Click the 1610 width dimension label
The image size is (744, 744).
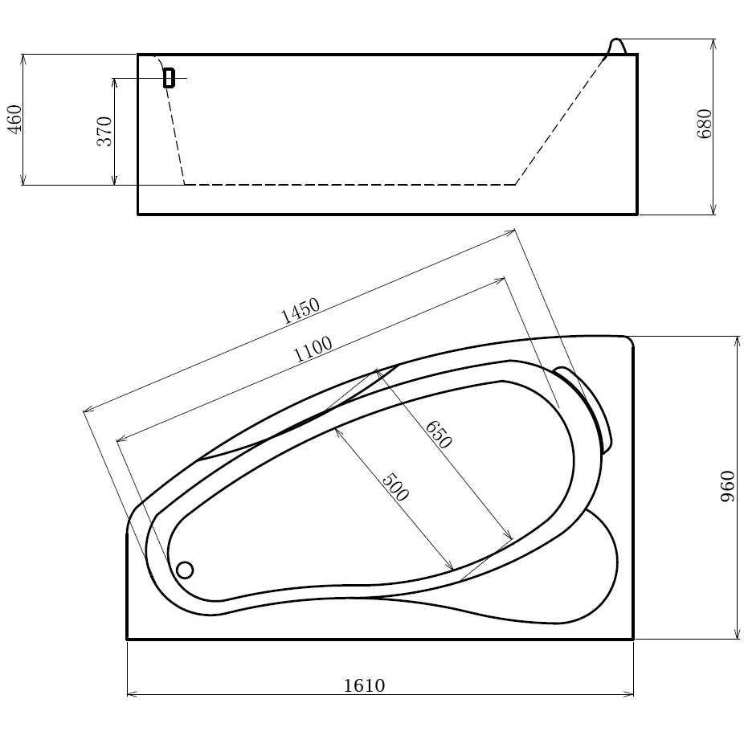(x=364, y=685)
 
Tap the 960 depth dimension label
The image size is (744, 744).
(x=727, y=487)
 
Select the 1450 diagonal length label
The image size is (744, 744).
(x=300, y=311)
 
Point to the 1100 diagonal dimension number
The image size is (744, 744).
(x=313, y=349)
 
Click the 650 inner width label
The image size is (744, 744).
(x=437, y=434)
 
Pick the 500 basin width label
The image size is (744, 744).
(x=394, y=487)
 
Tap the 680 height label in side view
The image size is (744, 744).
(x=705, y=124)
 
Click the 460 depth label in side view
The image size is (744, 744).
(x=14, y=120)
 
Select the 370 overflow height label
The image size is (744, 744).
(x=104, y=131)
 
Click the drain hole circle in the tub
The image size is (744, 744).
(x=185, y=570)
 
